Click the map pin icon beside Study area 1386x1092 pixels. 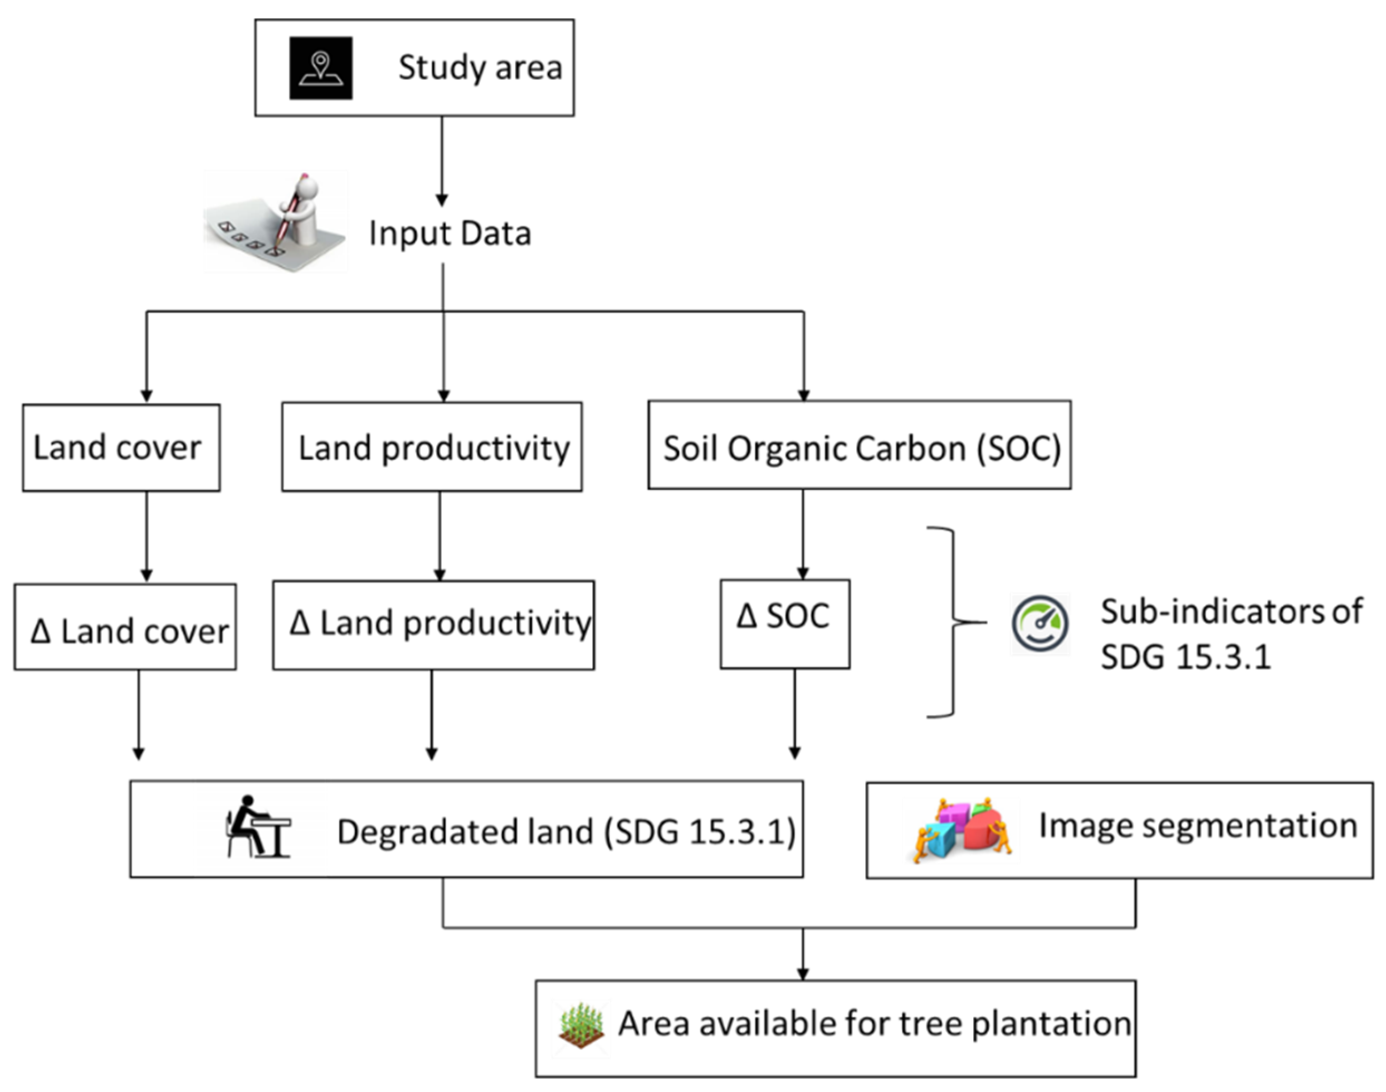[320, 68]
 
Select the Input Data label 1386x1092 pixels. [450, 233]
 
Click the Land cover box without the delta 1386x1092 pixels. [121, 447]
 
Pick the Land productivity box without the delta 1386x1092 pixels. [432, 447]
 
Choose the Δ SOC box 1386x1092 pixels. [784, 624]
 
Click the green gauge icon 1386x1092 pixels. [1039, 623]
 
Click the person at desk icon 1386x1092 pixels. [259, 827]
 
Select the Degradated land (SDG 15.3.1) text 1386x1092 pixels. [567, 832]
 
